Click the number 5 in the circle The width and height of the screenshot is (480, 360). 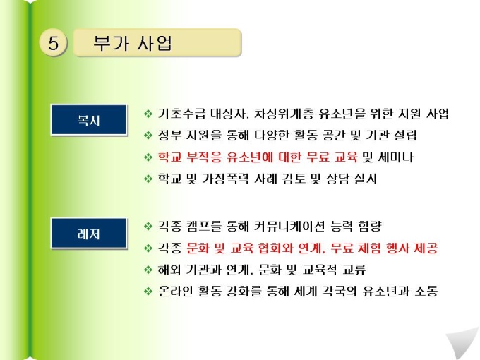(53, 43)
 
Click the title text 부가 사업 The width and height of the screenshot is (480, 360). (133, 43)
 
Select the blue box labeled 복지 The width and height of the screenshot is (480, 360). (89, 120)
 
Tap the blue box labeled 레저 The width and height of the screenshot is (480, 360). (89, 234)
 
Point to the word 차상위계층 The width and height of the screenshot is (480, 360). (284, 114)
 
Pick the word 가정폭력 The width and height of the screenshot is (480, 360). (225, 179)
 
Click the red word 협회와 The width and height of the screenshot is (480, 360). (275, 248)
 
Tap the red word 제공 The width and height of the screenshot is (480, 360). (426, 248)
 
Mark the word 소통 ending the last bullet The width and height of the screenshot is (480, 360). (426, 291)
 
